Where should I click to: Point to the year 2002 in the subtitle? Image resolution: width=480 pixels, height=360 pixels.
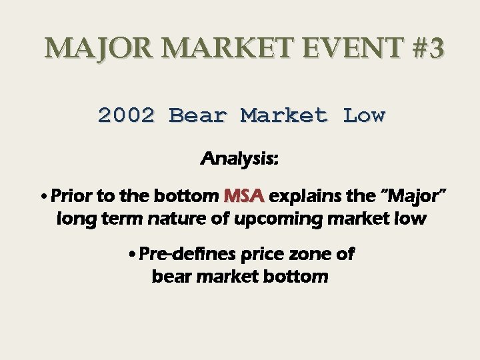126,115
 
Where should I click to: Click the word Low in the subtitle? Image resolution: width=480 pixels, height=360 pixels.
364,115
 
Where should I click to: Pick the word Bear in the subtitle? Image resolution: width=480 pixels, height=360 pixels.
199,115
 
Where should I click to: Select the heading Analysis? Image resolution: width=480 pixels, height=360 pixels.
239,160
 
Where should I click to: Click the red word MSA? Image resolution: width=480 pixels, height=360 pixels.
244,197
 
